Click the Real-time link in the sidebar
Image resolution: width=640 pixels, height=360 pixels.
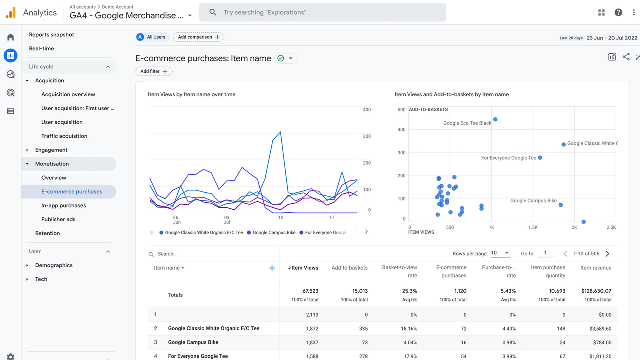point(41,48)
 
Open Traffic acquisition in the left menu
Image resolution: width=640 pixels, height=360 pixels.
point(64,136)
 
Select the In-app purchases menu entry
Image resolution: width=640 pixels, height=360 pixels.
point(64,205)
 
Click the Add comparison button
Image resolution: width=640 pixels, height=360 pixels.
point(198,37)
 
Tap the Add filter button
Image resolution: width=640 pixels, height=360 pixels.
point(154,71)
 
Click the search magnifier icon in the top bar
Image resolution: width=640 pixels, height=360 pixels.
point(213,12)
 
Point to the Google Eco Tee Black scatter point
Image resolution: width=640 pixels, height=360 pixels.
point(495,120)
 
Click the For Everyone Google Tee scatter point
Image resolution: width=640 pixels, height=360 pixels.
point(540,158)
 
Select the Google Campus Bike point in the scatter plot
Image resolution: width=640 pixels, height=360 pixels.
point(561,205)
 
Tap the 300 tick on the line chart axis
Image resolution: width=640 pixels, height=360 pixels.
point(367,136)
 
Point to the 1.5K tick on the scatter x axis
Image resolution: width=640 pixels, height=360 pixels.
point(533,227)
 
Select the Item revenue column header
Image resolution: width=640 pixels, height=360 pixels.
point(596,268)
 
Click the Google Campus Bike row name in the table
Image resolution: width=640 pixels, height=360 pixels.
point(193,342)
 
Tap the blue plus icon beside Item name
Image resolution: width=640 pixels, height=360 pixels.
point(272,268)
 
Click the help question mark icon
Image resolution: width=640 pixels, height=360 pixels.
point(618,12)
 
